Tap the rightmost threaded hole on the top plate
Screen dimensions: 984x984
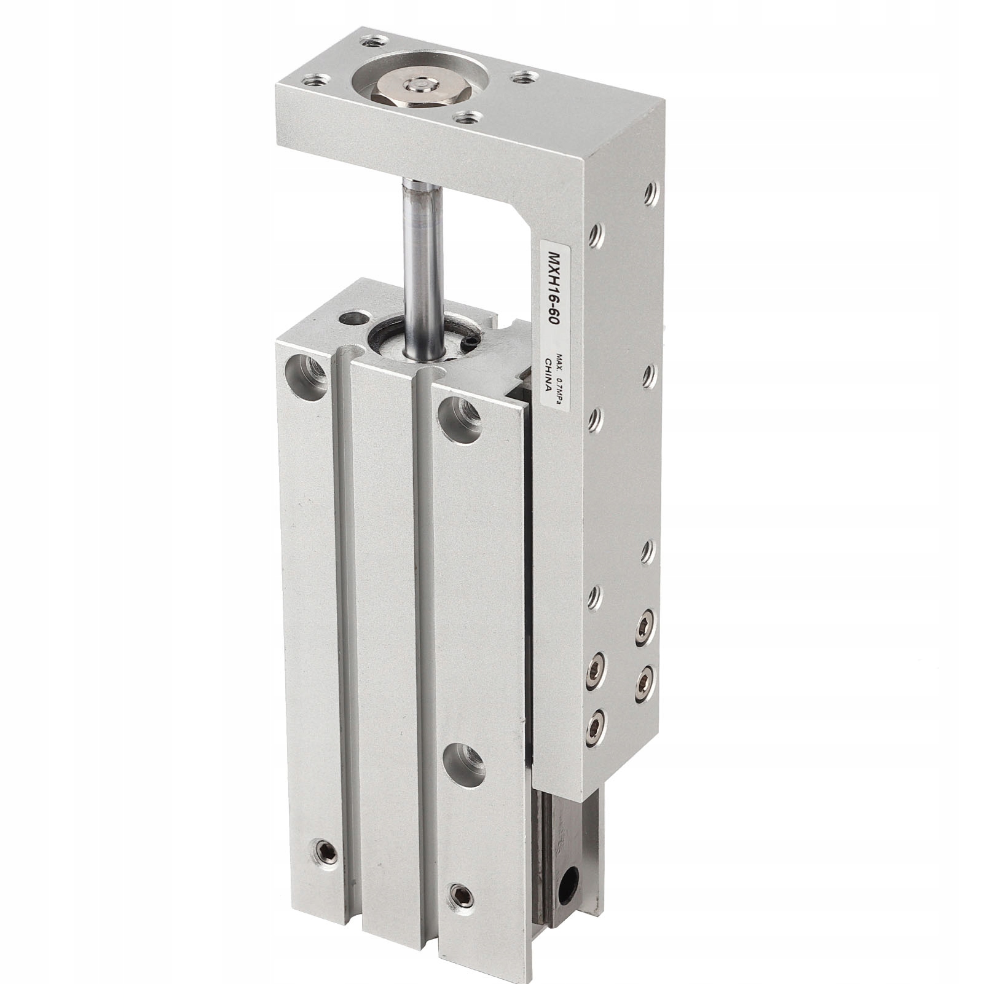[521, 77]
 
